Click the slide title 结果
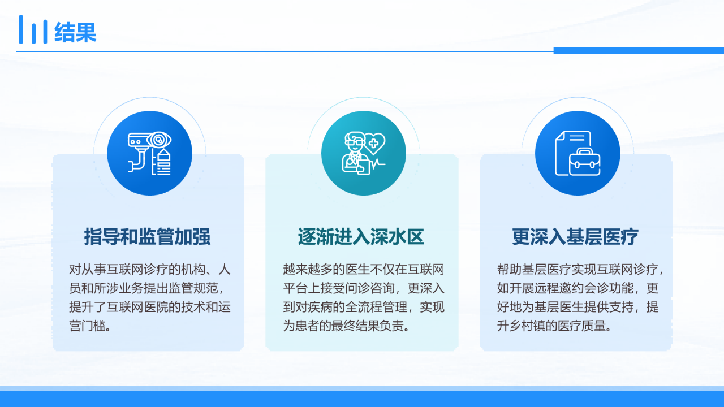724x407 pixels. click(75, 32)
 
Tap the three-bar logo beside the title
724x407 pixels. click(33, 29)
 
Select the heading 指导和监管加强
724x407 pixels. click(148, 237)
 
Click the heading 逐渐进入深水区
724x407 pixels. click(361, 237)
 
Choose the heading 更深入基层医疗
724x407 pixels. click(575, 237)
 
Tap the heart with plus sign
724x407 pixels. click(374, 144)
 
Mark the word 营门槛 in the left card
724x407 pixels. click(87, 326)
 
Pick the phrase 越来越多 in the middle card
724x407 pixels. click(308, 269)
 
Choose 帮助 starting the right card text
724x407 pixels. click(510, 269)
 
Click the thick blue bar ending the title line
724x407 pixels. click(639, 51)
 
